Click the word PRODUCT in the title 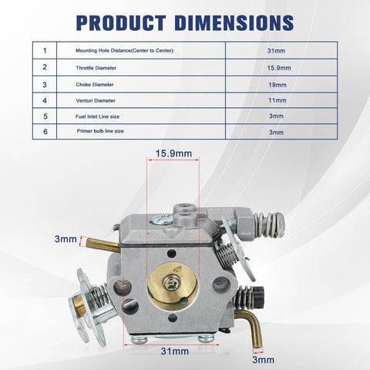pyautogui.click(x=121, y=23)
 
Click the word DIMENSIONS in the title pyautogui.click(x=234, y=23)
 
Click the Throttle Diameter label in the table pyautogui.click(x=96, y=68)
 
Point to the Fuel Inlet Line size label pyautogui.click(x=97, y=116)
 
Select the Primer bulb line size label pyautogui.click(x=100, y=131)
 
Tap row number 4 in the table pyautogui.click(x=45, y=100)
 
